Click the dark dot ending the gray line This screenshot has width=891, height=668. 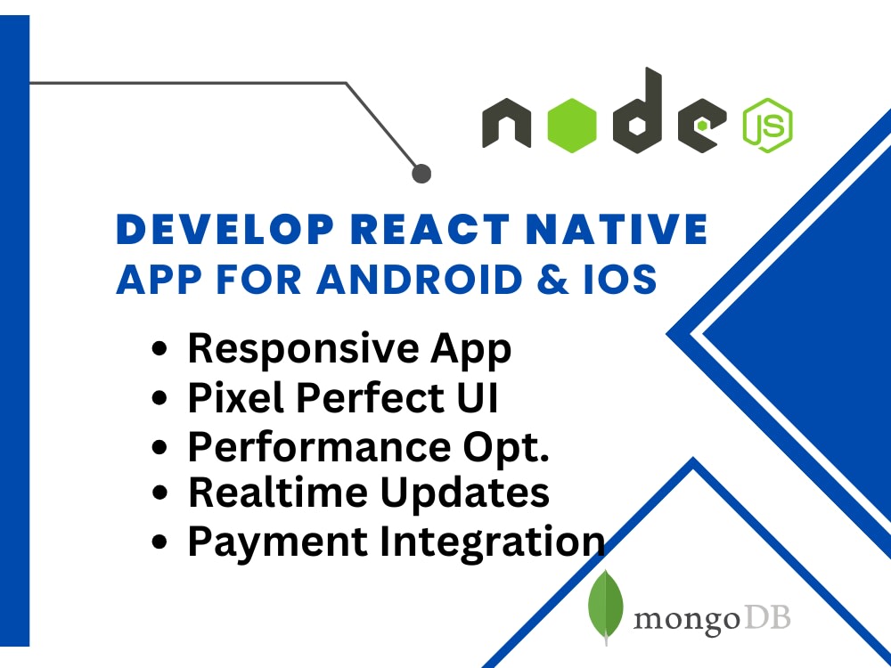(422, 173)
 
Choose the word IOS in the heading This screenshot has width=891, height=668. (624, 280)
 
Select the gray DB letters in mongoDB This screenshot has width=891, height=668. (766, 617)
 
